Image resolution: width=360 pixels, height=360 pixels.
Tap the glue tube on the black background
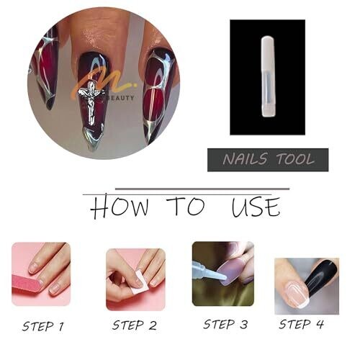click(x=268, y=77)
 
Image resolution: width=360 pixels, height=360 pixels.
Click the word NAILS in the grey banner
click(x=245, y=159)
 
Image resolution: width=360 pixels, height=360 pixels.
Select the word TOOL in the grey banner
click(x=295, y=159)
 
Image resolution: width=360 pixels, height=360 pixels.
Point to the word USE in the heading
click(x=256, y=207)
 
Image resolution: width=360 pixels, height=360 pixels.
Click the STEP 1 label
click(x=43, y=326)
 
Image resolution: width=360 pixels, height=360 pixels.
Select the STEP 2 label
click(x=135, y=325)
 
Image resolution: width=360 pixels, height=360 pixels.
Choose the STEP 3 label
click(x=225, y=325)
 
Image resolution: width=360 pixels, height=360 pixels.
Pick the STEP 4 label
click(x=301, y=325)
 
